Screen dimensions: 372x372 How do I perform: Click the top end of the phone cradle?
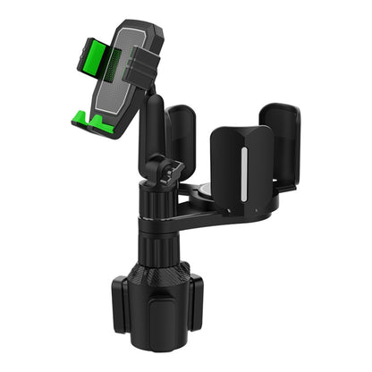point(134,24)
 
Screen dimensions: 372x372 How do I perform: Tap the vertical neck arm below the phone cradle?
point(154,125)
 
